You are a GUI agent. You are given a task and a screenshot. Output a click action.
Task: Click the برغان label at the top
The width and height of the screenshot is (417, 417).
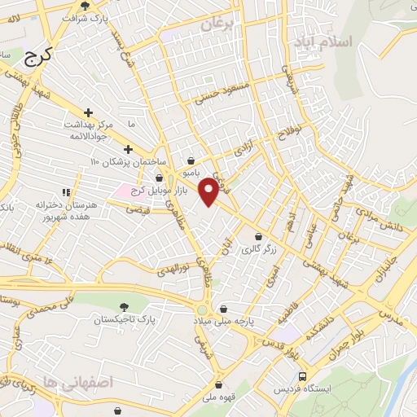click(x=217, y=25)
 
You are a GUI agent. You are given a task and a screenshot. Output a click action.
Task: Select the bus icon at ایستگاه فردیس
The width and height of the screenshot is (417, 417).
click(x=303, y=377)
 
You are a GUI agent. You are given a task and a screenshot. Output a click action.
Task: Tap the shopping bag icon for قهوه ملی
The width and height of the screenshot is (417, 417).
click(x=217, y=385)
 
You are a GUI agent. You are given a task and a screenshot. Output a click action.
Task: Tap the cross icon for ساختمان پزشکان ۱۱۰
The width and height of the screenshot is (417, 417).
click(x=128, y=149)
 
